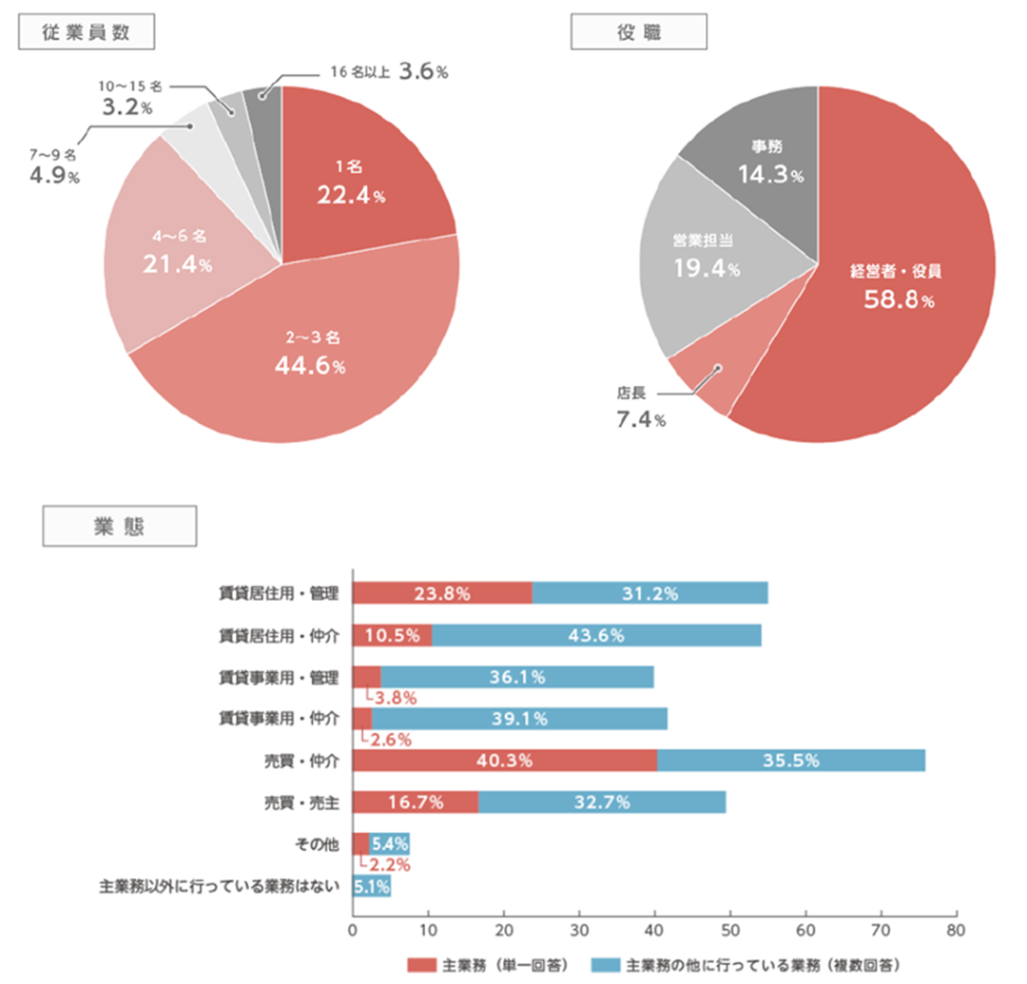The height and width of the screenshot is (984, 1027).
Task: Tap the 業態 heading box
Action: point(120,526)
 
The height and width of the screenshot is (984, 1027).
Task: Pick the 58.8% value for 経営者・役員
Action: point(899,301)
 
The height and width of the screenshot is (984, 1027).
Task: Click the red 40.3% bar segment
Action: point(505,761)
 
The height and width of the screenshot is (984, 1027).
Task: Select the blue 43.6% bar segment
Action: point(596,636)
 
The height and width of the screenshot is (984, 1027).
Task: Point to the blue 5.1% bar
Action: point(371,886)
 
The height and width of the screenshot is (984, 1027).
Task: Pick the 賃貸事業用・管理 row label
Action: point(278,678)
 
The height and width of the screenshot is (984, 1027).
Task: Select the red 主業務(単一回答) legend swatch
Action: point(420,964)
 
